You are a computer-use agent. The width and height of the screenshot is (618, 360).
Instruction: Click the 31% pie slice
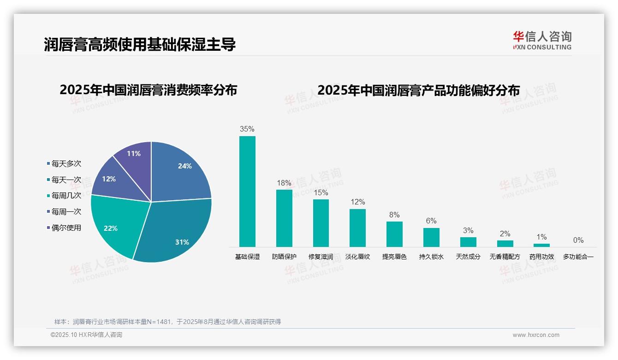click(175, 231)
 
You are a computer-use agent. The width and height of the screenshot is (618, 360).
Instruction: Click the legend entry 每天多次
click(66, 164)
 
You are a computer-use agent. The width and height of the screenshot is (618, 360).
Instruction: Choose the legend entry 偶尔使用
click(66, 228)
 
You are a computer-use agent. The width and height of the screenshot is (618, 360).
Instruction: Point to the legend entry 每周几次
click(66, 196)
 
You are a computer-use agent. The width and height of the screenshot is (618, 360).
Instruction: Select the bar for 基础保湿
click(247, 192)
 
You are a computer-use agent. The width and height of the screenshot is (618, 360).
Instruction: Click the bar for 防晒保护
click(284, 218)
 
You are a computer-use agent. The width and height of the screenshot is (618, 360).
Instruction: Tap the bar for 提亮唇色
click(394, 234)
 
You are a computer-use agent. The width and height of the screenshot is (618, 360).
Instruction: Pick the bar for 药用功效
click(542, 245)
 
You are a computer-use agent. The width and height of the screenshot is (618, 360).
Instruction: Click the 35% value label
click(247, 129)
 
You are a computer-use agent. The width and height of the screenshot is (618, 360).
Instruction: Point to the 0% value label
click(578, 240)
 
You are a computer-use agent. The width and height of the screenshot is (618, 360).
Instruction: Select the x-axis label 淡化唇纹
click(357, 257)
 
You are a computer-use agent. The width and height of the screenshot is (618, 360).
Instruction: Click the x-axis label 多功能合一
click(578, 257)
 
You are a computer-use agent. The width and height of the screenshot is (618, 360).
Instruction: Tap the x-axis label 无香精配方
click(505, 257)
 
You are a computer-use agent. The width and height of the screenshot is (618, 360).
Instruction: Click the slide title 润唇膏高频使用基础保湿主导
click(140, 45)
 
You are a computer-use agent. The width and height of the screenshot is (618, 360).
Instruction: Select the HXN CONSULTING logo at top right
click(542, 40)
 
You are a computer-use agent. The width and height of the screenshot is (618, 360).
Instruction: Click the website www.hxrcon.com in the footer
click(536, 335)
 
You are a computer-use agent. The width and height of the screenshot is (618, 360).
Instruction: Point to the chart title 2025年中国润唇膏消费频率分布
click(148, 90)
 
